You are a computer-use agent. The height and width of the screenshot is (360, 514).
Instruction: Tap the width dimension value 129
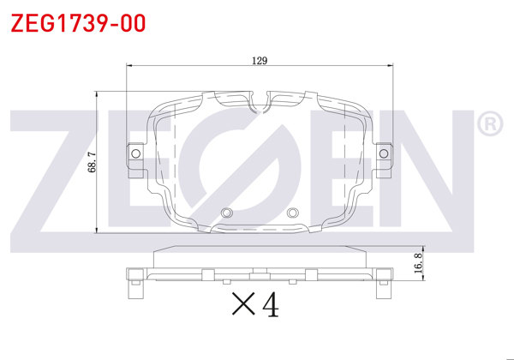tap(260, 61)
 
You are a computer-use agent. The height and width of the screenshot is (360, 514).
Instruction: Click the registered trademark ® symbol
tap(488, 124)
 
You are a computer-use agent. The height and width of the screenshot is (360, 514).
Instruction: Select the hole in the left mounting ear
tap(134, 153)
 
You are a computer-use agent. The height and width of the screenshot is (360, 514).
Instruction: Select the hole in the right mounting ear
tap(383, 153)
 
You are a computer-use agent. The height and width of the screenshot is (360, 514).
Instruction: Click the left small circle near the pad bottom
tap(226, 213)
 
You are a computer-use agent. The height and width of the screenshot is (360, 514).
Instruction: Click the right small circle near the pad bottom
tap(292, 213)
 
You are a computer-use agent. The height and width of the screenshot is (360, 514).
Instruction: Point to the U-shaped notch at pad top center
tap(260, 105)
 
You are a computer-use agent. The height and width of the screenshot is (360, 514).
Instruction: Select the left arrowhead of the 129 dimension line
tap(129, 66)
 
